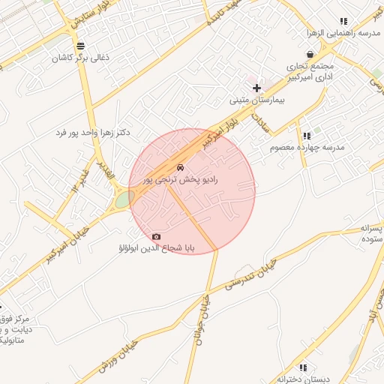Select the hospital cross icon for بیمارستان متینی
tap(257, 88)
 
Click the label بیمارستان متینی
tap(257, 99)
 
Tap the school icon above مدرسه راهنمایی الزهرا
tap(343, 22)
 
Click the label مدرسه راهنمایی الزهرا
tap(343, 33)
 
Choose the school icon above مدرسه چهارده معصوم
tap(307, 136)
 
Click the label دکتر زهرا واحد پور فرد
tap(93, 132)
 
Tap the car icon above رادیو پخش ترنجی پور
tap(180, 166)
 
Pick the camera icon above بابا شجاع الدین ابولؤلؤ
tap(156, 236)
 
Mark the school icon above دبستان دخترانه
tap(303, 367)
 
